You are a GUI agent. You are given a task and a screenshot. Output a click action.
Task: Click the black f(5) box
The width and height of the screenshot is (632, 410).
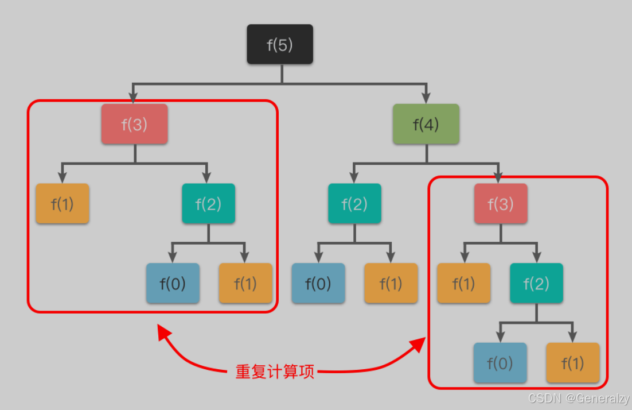280,44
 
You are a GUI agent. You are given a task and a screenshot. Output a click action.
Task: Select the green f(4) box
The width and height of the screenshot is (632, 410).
426,123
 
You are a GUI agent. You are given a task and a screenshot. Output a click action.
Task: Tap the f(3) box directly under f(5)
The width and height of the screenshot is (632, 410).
134,123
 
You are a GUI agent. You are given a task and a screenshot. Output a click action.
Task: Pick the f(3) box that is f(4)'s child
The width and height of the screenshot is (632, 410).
501,203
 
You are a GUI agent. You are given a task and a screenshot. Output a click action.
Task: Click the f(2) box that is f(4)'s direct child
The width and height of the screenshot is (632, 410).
354,203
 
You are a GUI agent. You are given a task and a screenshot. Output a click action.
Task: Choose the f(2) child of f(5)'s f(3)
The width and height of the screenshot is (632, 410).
208,203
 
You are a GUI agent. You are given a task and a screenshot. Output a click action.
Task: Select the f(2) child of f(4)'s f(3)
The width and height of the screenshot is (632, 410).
537,283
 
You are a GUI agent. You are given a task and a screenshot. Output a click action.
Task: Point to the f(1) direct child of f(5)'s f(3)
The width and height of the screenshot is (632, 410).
63,203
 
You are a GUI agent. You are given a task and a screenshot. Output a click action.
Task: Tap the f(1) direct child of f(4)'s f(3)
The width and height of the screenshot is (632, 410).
463,283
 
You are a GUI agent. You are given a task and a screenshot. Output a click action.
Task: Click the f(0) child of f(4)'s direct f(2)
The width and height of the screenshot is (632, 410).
318,283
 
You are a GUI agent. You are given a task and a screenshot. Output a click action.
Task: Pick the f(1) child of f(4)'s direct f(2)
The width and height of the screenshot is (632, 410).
391,283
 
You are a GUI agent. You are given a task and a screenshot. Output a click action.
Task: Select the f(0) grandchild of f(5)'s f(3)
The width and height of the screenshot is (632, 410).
173,283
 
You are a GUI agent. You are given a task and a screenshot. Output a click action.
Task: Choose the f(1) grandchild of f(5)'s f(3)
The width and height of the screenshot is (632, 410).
245,283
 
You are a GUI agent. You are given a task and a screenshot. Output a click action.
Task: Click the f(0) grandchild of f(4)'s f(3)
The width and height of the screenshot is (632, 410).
500,363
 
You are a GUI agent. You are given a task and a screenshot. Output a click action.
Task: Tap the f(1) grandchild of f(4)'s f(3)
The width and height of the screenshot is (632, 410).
572,363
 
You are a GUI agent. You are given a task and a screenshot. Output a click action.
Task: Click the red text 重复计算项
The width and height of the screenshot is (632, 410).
275,372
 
